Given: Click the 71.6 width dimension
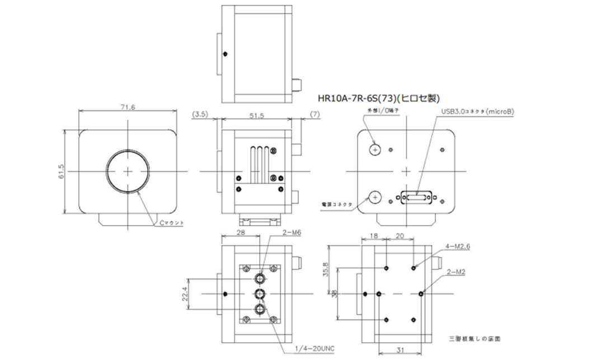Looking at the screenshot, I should click(x=128, y=107).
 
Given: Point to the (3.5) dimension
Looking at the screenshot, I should click(x=200, y=115).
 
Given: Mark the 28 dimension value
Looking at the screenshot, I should click(x=241, y=232).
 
